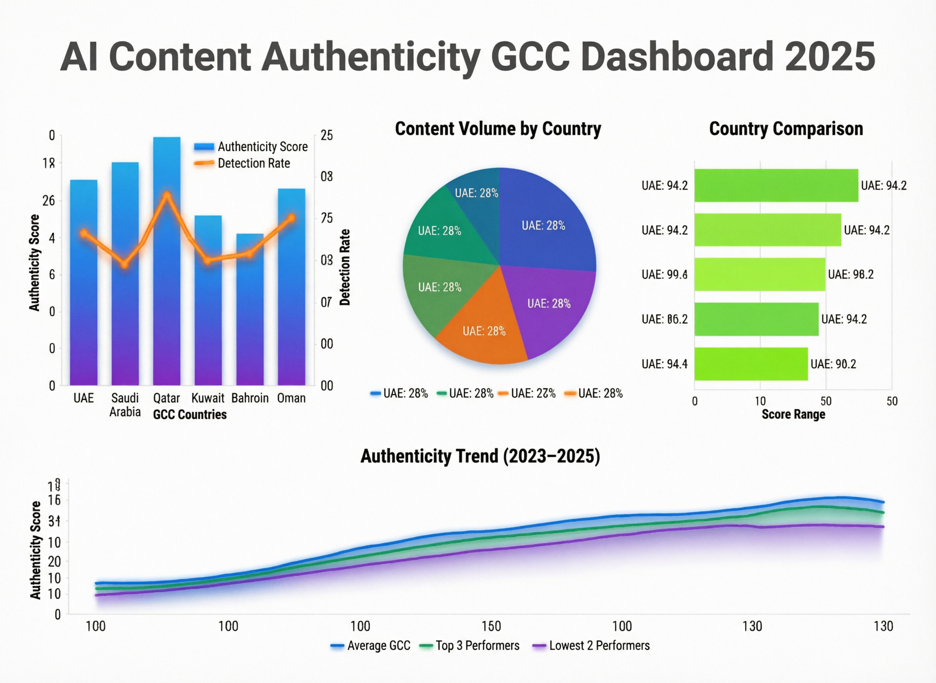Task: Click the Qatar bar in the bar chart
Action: coord(167,289)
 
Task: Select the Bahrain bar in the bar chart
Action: coord(250,323)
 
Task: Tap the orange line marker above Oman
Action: coord(291,218)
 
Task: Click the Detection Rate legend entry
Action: coord(253,163)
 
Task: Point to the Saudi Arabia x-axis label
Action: coord(125,405)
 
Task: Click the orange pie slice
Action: coord(482,331)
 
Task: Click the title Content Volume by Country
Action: coord(498,128)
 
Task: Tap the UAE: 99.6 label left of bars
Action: coord(664,275)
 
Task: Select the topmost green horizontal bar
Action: coord(776,185)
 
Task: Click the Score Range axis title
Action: coord(793,414)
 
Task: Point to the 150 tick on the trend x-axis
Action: coord(491,626)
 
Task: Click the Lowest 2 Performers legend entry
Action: coord(599,646)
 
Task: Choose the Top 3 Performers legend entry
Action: coord(477,646)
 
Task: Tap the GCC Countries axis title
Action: coord(190,414)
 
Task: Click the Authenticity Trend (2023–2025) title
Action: coord(480,457)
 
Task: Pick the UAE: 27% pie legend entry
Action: coord(532,393)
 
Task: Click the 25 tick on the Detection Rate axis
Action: coord(326,135)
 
